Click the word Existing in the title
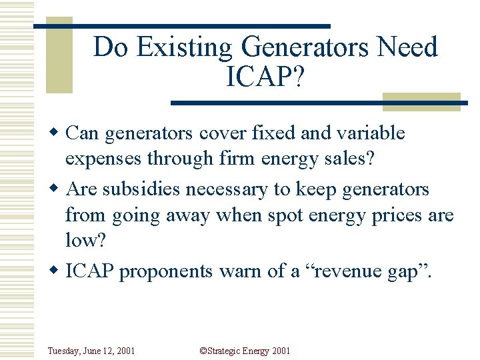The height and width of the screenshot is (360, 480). (195, 48)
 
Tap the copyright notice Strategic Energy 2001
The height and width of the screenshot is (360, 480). (244, 351)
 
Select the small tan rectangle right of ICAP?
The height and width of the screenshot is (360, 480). (422, 101)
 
